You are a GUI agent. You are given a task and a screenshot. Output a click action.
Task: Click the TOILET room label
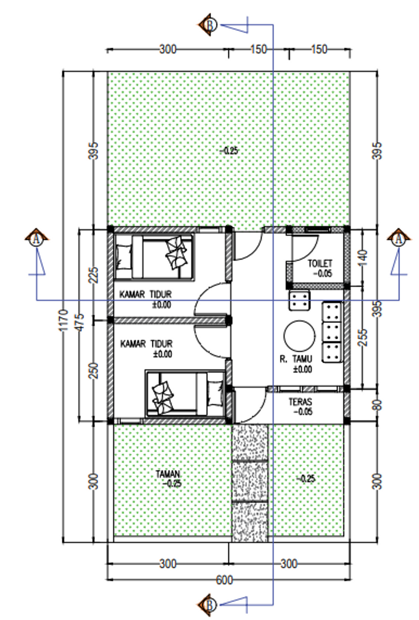click(x=320, y=263)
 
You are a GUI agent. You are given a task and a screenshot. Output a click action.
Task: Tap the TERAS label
click(x=300, y=401)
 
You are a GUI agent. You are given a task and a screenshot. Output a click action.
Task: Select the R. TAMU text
click(x=295, y=359)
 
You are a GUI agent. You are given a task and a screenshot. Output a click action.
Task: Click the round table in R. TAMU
click(x=299, y=336)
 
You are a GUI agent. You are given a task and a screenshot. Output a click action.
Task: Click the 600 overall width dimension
click(x=224, y=580)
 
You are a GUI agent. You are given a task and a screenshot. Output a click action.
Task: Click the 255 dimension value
click(x=363, y=337)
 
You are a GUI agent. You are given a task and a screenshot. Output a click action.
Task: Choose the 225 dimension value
click(x=94, y=275)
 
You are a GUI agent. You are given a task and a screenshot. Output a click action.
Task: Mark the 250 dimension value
click(x=94, y=371)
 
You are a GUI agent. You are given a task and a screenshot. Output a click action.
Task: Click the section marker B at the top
click(x=209, y=25)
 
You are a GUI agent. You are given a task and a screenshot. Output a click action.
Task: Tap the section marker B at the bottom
click(x=209, y=605)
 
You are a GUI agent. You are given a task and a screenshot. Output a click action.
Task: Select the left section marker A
click(x=36, y=239)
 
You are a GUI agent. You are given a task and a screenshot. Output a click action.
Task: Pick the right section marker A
click(x=399, y=239)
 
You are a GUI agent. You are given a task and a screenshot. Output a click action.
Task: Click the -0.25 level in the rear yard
click(x=229, y=151)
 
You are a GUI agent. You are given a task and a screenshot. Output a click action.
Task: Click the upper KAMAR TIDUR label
click(x=146, y=294)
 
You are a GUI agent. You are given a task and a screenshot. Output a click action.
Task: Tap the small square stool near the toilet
click(x=299, y=301)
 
